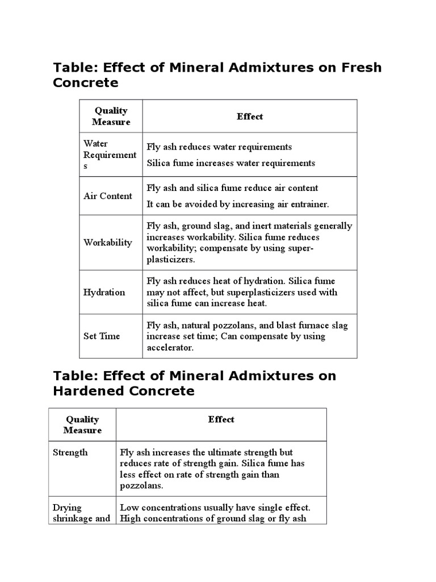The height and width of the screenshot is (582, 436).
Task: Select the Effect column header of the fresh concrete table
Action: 250,117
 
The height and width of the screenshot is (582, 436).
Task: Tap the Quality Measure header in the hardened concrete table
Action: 82,425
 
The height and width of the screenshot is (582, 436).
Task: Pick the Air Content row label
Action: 108,196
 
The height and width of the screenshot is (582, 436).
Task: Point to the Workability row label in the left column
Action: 108,243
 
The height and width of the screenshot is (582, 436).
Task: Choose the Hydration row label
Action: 104,292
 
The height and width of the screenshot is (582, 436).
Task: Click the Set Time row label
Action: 102,336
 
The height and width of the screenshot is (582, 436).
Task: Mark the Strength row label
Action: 70,452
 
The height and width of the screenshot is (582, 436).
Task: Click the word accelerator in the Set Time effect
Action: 170,347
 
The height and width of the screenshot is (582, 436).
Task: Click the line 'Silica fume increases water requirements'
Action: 230,163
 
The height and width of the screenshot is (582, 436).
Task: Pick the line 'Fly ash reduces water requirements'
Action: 219,147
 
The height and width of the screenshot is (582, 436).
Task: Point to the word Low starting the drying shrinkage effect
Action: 129,507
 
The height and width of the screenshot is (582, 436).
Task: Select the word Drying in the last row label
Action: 67,507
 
